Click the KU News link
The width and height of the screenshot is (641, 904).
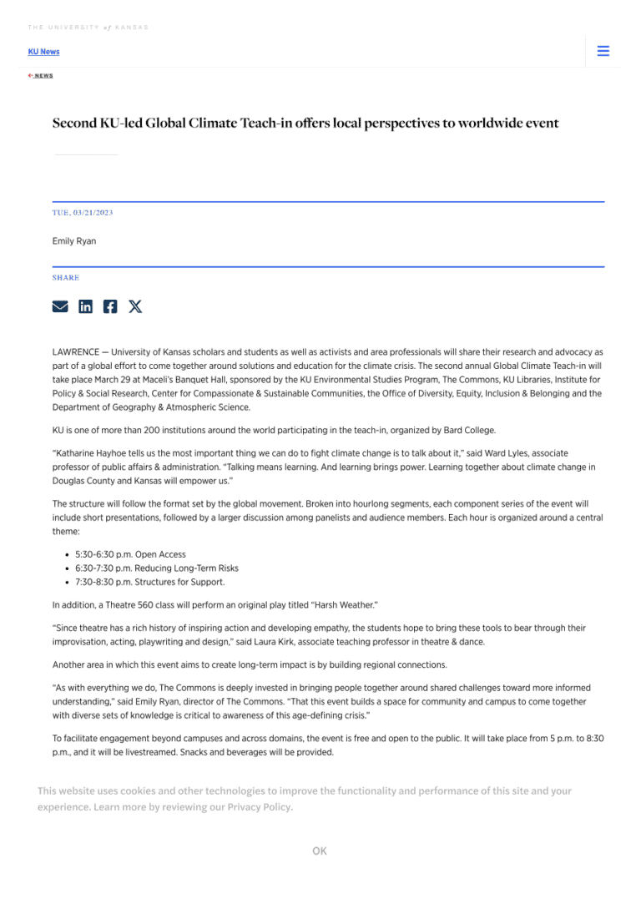[x=43, y=52]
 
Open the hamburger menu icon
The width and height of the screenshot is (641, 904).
[x=603, y=51]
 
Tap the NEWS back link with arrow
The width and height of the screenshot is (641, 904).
[x=40, y=76]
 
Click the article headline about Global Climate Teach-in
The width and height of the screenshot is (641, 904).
[x=305, y=124]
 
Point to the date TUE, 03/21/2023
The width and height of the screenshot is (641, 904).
[x=83, y=213]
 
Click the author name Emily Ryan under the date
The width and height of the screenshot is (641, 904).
[x=74, y=241]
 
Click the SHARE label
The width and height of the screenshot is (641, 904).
[x=66, y=278]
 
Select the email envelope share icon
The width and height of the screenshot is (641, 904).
[x=60, y=306]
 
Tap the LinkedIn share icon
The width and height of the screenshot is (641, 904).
[x=85, y=306]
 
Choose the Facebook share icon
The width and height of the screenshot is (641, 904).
[x=110, y=306]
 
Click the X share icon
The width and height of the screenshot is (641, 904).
[x=135, y=306]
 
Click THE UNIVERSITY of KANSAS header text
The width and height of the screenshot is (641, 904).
[x=88, y=28]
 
